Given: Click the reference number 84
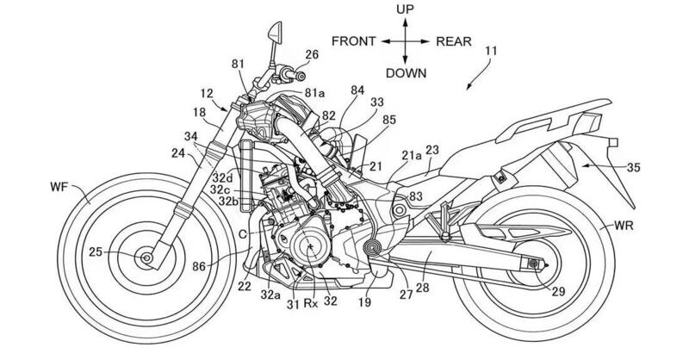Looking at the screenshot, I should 358,90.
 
